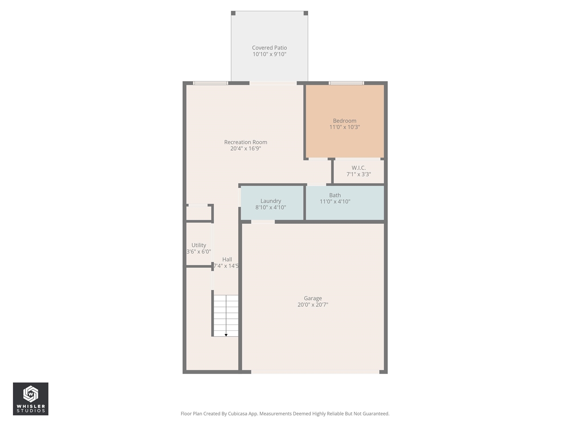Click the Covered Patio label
point(269,48)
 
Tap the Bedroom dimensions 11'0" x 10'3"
point(345,127)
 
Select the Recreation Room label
point(245,142)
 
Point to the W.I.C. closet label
point(358,168)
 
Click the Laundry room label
point(271,201)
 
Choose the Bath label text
point(335,195)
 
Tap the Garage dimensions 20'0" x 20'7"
point(313,305)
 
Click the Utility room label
point(199,245)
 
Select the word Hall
point(227,259)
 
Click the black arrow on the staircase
point(226,335)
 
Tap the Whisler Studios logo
point(31,399)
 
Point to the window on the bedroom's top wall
point(346,83)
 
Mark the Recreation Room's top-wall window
point(211,83)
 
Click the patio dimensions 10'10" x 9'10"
point(269,54)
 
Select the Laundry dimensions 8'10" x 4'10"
point(271,207)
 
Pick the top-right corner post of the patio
point(305,13)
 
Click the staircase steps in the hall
point(225,314)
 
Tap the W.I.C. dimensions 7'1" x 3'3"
point(358,174)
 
